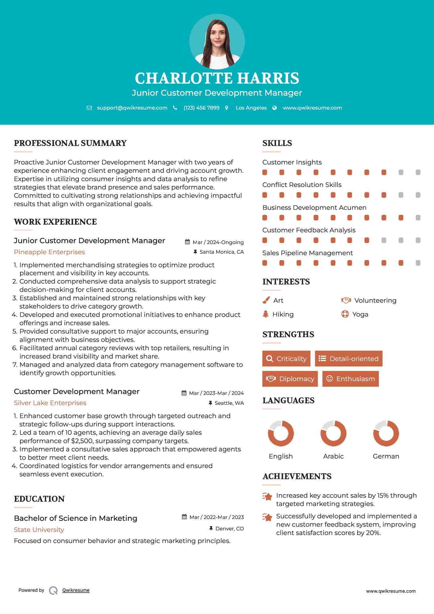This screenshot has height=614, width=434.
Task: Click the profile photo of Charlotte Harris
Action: coord(217,41)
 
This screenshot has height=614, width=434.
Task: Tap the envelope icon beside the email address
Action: coord(89,108)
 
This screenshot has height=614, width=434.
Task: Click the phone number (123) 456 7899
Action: coord(201,108)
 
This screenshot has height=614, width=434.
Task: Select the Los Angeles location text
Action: coord(251,108)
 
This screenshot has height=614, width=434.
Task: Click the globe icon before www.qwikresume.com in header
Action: coord(275,108)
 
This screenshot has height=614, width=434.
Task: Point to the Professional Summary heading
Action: coord(70,143)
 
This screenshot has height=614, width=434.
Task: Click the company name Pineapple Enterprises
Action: coord(49,252)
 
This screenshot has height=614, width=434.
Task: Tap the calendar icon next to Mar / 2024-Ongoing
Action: coord(187,242)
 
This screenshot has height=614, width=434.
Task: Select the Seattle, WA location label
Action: coord(229,403)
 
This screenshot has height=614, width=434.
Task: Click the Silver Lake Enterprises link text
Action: coord(50,403)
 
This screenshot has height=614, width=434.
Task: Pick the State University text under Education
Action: coord(39,530)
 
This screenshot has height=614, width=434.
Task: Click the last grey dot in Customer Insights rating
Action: coord(418,172)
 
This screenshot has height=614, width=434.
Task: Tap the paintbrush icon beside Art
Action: coord(266,300)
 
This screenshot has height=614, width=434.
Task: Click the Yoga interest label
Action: coord(360,314)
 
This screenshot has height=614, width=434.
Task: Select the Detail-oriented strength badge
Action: coord(349,359)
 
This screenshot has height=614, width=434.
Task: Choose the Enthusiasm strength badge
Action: coord(350,379)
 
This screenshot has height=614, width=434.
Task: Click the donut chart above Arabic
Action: coord(333,433)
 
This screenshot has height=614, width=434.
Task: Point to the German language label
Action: coord(386,456)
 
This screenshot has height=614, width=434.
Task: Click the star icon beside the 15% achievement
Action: coord(267,496)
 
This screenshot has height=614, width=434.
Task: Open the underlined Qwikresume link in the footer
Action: coord(76,590)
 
